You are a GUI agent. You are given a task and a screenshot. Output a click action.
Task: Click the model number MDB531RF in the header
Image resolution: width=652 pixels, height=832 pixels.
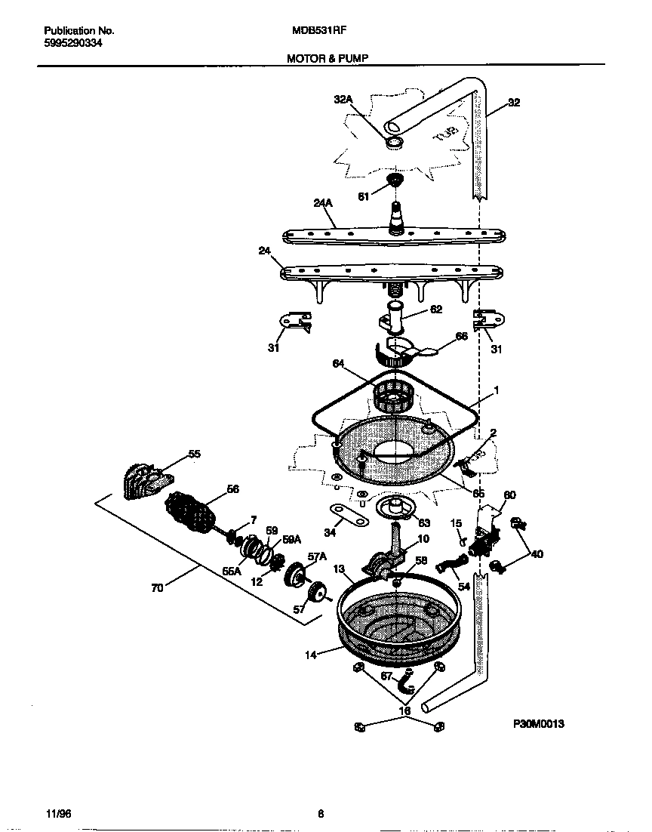click(319, 31)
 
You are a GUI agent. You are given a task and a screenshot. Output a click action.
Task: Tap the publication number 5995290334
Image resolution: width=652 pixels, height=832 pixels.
click(73, 43)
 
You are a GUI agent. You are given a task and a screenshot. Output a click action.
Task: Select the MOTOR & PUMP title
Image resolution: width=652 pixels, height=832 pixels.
click(328, 57)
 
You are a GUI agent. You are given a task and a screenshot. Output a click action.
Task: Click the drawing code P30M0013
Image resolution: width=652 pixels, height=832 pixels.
click(539, 723)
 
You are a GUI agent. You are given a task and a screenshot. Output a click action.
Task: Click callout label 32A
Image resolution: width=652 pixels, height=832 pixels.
click(343, 99)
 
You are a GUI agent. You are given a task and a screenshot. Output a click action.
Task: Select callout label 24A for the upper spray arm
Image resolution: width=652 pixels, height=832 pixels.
click(322, 203)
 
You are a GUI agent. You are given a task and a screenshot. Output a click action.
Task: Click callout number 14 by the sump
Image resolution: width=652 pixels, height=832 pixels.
click(311, 655)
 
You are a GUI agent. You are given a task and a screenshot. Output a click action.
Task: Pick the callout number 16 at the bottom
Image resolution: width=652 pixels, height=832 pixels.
click(405, 710)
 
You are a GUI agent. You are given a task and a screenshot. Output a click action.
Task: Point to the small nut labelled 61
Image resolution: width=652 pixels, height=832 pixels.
click(393, 180)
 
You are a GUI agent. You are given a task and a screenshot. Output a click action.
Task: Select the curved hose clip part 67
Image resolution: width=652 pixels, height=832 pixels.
click(408, 682)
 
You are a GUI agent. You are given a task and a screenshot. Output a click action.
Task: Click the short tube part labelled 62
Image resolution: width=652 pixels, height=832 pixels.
click(393, 315)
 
